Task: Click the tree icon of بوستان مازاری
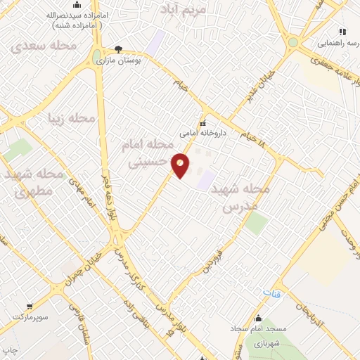coord(117,50)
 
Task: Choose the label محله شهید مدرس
coord(244,198)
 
